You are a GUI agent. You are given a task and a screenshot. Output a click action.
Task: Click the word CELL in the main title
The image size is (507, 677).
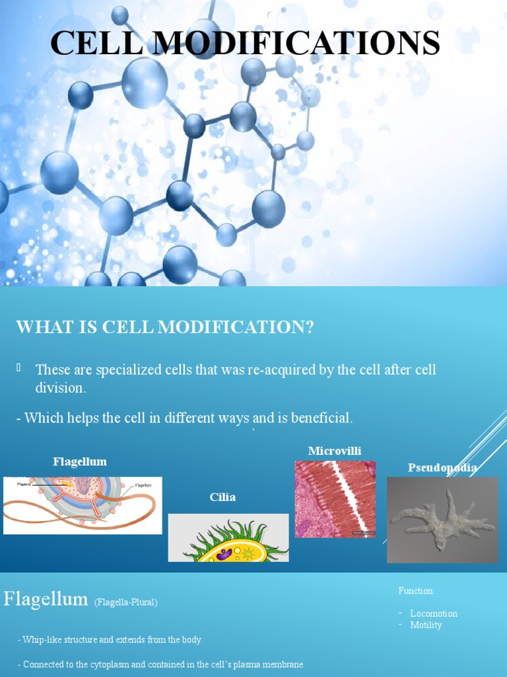coord(92,44)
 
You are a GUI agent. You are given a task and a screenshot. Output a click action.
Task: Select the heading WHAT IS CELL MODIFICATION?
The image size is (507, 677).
coord(164,327)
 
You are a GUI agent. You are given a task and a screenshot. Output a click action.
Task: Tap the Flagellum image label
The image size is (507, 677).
coord(79,461)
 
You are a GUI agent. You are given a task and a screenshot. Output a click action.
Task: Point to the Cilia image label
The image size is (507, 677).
coord(222,497)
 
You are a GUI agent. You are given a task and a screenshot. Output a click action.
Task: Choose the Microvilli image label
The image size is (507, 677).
coord(335,451)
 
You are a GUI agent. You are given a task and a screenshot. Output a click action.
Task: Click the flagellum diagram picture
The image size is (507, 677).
coord(83,505)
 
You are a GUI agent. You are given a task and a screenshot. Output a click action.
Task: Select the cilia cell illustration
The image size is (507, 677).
coord(228,538)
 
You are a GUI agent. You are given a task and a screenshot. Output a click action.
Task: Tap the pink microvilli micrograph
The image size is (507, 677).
coord(335,498)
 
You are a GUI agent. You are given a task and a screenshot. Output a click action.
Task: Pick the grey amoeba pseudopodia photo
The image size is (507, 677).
coord(442,520)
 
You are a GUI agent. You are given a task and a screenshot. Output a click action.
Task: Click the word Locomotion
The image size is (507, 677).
coord(434,614)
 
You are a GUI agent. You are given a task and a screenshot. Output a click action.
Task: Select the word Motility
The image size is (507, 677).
coord(426,625)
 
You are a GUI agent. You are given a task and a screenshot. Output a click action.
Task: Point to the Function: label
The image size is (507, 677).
coord(417,590)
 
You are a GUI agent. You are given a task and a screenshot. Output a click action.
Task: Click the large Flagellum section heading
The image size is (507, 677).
coord(46,600)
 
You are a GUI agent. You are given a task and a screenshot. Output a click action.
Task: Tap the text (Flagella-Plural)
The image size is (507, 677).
coord(125,602)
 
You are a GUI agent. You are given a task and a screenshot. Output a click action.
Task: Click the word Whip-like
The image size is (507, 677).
coord(41,640)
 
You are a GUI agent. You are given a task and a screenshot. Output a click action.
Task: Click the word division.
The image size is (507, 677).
coord(60,388)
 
